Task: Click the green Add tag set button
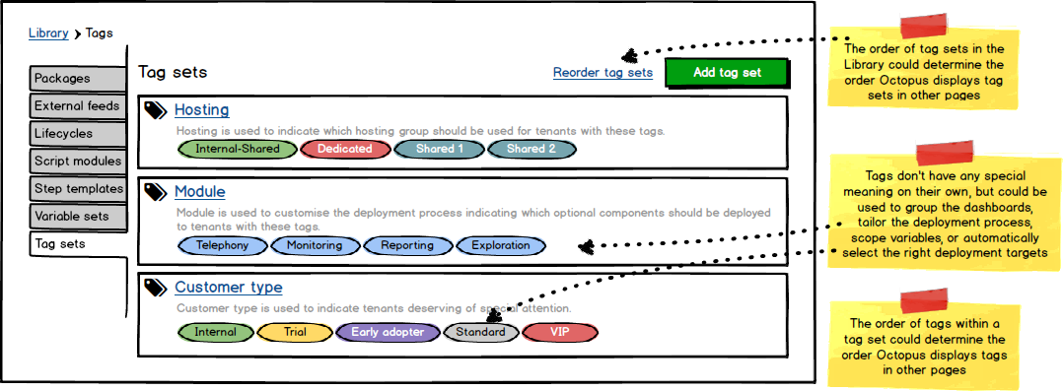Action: [727, 73]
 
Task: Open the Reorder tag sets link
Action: [602, 73]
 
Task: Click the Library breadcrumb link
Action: [48, 33]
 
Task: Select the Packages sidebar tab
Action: [77, 79]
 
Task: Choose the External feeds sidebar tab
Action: [77, 106]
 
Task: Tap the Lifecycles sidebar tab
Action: [77, 134]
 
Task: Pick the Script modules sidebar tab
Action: [77, 162]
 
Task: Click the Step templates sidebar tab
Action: [77, 189]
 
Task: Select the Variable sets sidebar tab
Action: [77, 217]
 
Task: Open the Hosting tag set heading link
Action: [201, 110]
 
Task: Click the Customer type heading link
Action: [228, 288]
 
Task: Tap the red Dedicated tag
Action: [343, 149]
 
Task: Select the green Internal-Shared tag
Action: [237, 149]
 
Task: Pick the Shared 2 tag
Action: [531, 149]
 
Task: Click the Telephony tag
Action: [222, 245]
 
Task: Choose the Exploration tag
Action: [500, 245]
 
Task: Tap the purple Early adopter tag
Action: [387, 332]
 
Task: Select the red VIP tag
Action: [559, 332]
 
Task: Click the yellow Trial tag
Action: [294, 332]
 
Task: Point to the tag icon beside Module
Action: [155, 193]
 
